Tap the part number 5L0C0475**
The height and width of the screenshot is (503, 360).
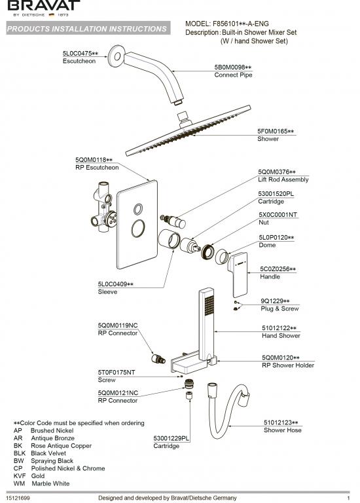click(x=80, y=53)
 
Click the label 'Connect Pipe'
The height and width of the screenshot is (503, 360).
click(x=233, y=75)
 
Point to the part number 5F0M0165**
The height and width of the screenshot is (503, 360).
click(x=276, y=132)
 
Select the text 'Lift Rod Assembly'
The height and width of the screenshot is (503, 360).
click(x=283, y=179)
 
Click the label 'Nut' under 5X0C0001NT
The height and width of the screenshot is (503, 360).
click(x=264, y=222)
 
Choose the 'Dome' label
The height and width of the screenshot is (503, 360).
click(x=268, y=245)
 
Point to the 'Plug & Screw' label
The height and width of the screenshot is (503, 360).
click(x=279, y=308)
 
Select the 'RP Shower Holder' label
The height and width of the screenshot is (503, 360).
click(x=287, y=365)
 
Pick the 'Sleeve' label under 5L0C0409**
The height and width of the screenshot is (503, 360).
click(x=107, y=292)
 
